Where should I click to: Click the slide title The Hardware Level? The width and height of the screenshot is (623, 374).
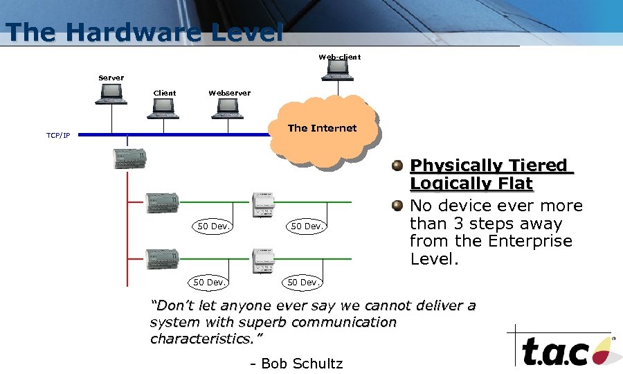tap(144, 32)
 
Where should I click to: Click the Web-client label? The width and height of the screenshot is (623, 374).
tap(339, 57)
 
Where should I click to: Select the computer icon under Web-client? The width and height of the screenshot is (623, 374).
tap(338, 68)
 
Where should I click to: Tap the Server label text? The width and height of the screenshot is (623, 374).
tap(111, 78)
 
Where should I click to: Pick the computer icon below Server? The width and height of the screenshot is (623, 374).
tap(111, 93)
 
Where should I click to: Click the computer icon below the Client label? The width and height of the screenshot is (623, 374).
tap(164, 106)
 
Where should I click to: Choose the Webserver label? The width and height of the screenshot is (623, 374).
tap(229, 93)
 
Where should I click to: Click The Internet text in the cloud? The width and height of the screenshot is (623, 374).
tap(322, 128)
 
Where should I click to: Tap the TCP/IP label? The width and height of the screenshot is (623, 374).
tap(58, 135)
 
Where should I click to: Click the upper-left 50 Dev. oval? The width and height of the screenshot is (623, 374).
tap(213, 226)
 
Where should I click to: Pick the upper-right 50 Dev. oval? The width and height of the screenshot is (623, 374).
tap(307, 226)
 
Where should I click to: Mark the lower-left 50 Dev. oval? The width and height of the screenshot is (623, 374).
tap(209, 282)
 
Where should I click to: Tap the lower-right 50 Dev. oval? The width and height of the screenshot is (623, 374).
tap(303, 282)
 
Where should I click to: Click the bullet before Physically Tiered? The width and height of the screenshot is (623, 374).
tap(397, 166)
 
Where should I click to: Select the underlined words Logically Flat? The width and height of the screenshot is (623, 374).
tap(471, 184)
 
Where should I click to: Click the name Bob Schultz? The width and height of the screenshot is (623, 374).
tap(302, 364)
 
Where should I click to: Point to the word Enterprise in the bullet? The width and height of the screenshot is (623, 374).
tap(528, 241)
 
